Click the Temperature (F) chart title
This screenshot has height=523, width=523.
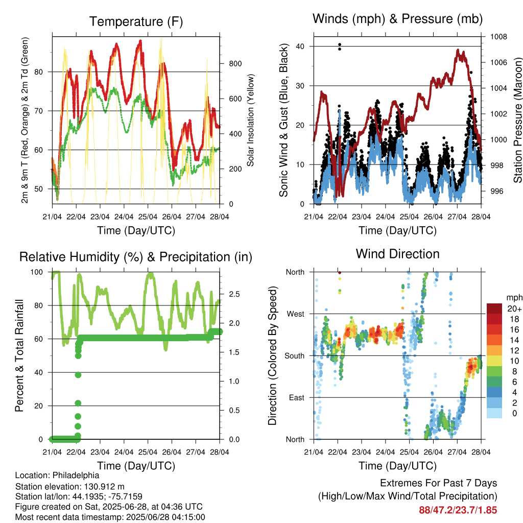(136, 21)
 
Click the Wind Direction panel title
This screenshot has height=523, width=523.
(397, 254)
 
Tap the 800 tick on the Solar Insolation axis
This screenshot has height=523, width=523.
(235, 64)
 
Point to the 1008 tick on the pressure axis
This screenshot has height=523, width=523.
(498, 37)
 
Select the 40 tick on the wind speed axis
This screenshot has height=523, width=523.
(300, 46)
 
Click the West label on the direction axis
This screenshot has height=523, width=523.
(296, 314)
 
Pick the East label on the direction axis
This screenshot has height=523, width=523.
(297, 397)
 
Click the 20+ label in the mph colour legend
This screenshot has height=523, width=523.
(514, 308)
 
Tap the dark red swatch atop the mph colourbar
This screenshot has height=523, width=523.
(494, 308)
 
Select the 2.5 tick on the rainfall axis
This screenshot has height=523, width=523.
(234, 294)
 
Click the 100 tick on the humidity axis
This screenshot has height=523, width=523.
(37, 272)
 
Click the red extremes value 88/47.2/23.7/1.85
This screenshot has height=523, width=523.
(458, 510)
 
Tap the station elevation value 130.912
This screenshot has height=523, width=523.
(99, 487)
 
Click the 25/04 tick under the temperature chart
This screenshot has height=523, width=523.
(148, 217)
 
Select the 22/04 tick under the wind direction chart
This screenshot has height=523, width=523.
(338, 452)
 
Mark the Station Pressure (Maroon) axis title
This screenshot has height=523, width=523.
(518, 120)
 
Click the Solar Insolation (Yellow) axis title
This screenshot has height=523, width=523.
(250, 120)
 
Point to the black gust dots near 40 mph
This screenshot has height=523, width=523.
(340, 46)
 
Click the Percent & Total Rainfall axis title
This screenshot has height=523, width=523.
(19, 355)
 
